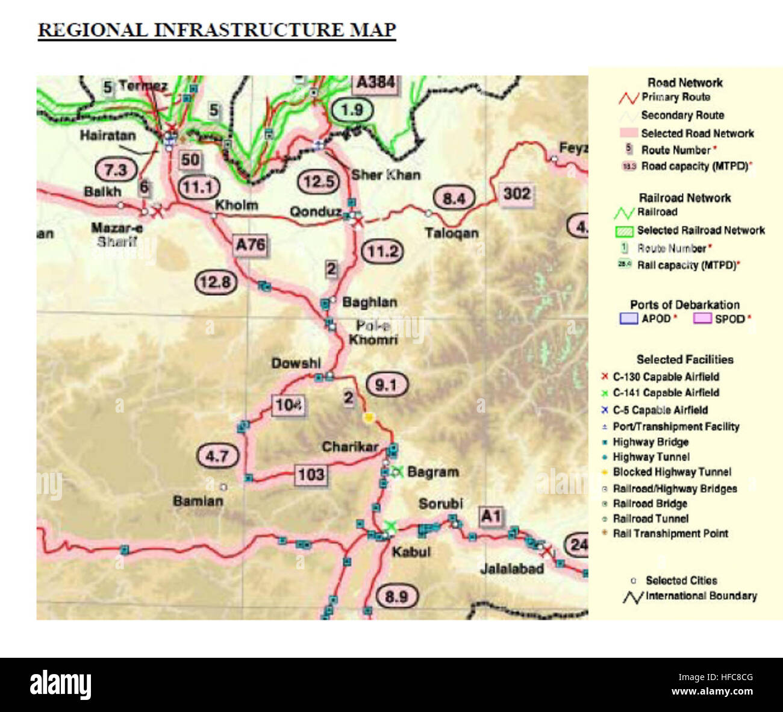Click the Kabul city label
click(x=411, y=552)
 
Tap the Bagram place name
click(x=433, y=472)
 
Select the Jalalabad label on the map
click(x=512, y=569)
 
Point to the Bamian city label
click(x=198, y=501)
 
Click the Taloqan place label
click(x=451, y=233)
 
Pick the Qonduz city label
click(x=315, y=211)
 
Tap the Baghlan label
click(x=369, y=302)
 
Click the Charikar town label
click(x=350, y=447)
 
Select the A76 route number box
click(x=250, y=245)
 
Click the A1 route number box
click(x=490, y=516)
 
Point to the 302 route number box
click(x=517, y=193)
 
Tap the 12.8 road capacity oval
click(x=215, y=282)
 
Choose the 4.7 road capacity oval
click(x=217, y=456)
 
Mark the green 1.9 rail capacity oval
click(x=352, y=110)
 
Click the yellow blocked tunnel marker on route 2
click(x=369, y=417)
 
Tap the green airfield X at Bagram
click(x=396, y=472)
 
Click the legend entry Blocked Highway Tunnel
click(x=672, y=472)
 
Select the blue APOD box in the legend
click(x=628, y=319)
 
